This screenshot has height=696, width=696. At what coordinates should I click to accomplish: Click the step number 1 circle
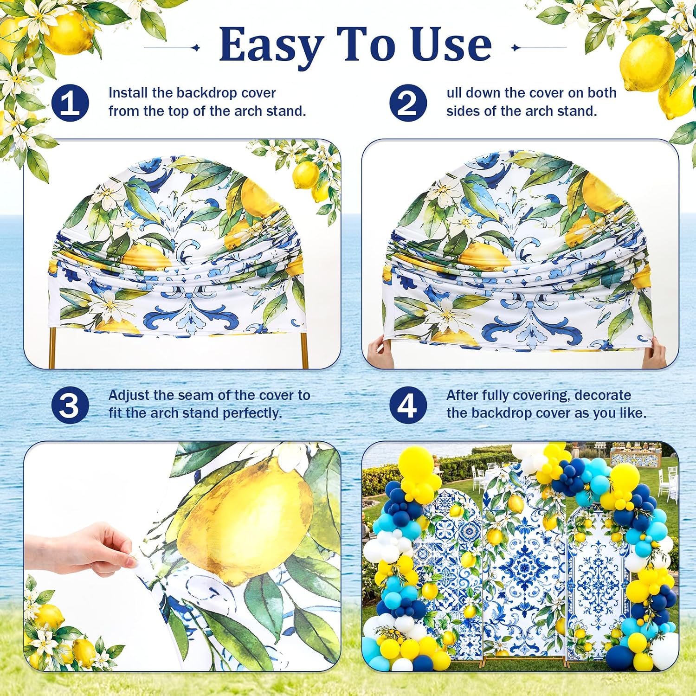[70, 103]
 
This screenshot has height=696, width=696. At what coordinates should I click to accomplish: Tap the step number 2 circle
[408, 103]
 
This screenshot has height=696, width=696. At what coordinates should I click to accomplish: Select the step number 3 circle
[70, 405]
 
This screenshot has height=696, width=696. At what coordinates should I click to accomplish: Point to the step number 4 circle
[408, 405]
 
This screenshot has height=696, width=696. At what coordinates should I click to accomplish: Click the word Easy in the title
[271, 45]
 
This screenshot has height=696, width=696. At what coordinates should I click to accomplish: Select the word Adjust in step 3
[129, 396]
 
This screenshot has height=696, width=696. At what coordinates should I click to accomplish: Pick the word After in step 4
[463, 395]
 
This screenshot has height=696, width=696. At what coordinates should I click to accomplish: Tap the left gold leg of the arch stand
[52, 348]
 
